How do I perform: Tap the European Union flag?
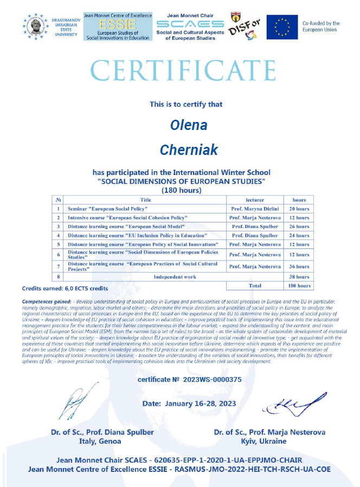click(x=282, y=27)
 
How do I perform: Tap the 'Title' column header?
click(x=145, y=200)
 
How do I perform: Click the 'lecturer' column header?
click(x=254, y=200)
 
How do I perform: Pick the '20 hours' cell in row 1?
click(x=299, y=209)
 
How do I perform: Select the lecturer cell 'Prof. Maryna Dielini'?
click(x=254, y=209)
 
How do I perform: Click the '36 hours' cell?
click(x=299, y=267)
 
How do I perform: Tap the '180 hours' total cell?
click(x=299, y=285)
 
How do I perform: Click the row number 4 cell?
click(x=58, y=236)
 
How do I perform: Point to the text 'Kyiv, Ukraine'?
click(x=269, y=441)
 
